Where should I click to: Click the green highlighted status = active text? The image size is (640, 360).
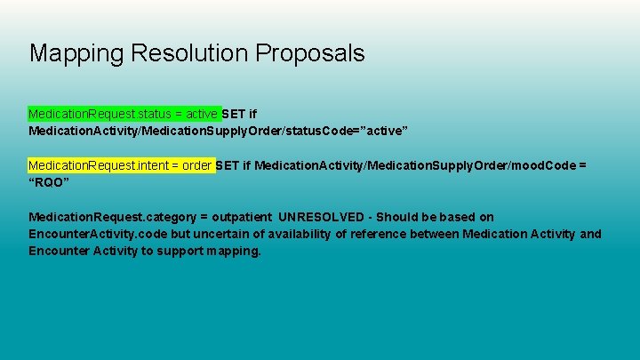pos(124,115)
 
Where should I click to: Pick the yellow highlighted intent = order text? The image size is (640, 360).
pos(121,166)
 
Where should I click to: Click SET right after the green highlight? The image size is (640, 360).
pos(234,115)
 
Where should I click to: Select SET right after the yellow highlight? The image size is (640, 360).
pos(228,166)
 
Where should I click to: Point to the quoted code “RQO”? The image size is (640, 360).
pos(49,182)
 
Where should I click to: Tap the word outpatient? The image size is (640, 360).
pos(242,217)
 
